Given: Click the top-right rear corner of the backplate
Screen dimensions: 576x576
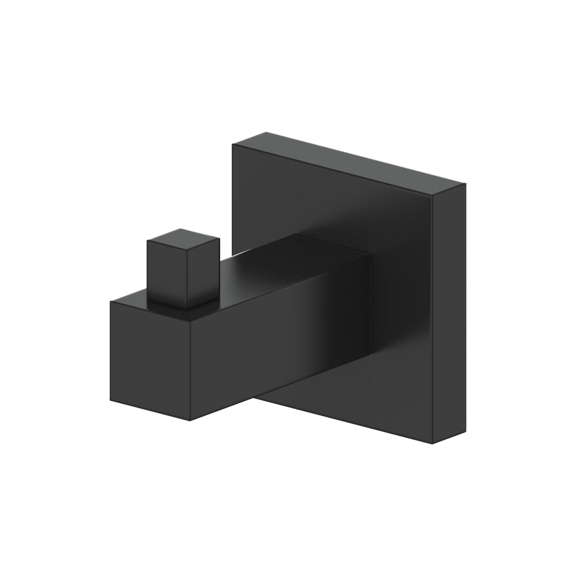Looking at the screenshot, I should click(x=465, y=184).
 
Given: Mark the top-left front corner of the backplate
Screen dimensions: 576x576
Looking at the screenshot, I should click(x=233, y=145).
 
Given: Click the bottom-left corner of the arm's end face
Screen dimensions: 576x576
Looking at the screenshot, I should click(x=110, y=399).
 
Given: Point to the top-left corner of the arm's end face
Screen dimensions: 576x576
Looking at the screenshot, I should click(x=110, y=302).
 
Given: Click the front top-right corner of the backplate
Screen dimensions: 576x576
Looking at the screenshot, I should click(x=433, y=195).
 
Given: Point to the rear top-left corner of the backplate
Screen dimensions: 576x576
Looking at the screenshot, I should click(x=266, y=132).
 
